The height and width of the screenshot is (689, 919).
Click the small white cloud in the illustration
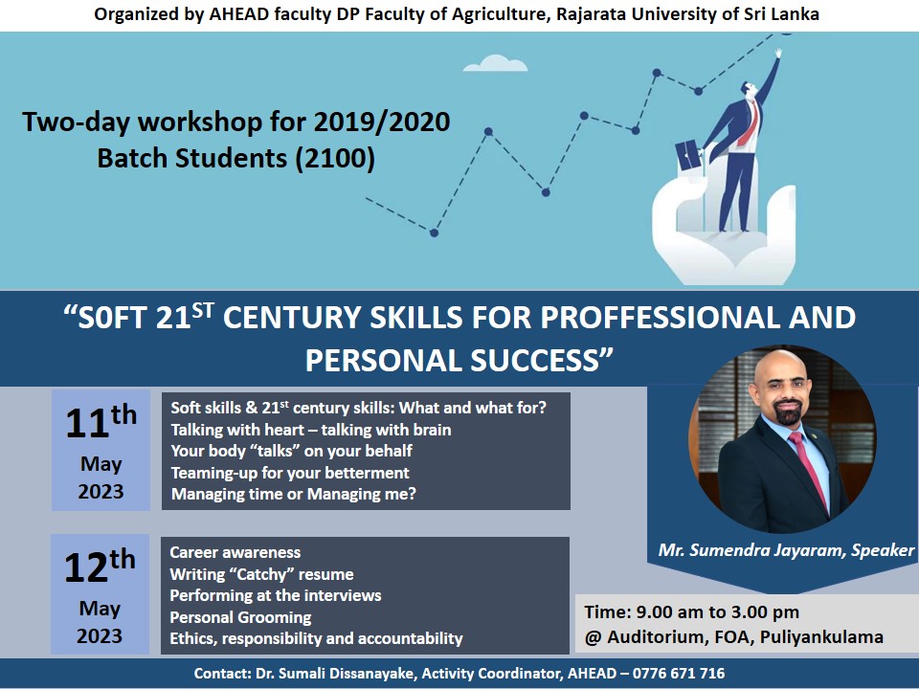(x=502, y=63)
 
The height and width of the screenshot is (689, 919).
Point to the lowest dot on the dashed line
(x=435, y=233)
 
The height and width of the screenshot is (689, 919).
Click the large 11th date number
(x=99, y=422)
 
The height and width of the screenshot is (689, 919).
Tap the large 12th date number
(x=99, y=566)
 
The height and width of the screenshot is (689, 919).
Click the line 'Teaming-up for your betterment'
(x=289, y=473)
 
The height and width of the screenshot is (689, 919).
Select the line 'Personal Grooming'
(x=240, y=617)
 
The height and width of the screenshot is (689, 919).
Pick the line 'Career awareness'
(x=235, y=552)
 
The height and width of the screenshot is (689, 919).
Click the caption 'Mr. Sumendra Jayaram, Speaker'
(x=786, y=551)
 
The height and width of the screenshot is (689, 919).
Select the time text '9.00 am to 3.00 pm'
(x=714, y=612)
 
